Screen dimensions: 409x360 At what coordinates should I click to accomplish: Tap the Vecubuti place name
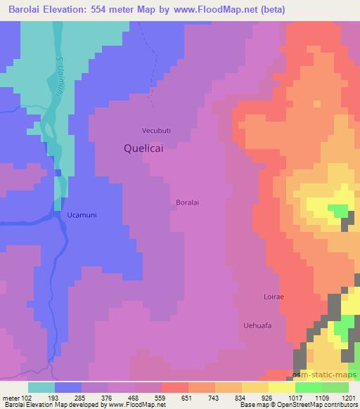156,130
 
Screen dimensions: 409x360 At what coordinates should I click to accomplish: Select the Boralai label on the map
188,202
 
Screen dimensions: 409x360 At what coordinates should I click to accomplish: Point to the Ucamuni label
79,214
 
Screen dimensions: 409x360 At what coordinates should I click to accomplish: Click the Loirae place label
273,297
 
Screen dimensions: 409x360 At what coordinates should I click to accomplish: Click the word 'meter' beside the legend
14,398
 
